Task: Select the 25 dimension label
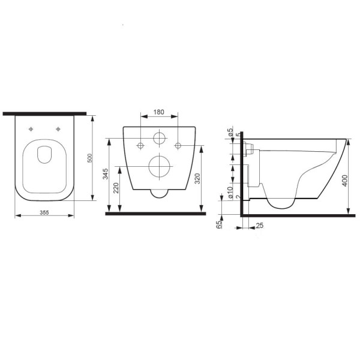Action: pyautogui.click(x=259, y=226)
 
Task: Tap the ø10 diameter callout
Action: pyautogui.click(x=231, y=191)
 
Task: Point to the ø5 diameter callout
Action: pyautogui.click(x=231, y=132)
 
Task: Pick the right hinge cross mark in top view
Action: pyautogui.click(x=58, y=128)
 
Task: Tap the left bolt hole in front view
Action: pyautogui.click(x=141, y=145)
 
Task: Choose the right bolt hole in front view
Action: pyautogui.click(x=178, y=145)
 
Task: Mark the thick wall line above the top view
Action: pyautogui.click(x=44, y=113)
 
